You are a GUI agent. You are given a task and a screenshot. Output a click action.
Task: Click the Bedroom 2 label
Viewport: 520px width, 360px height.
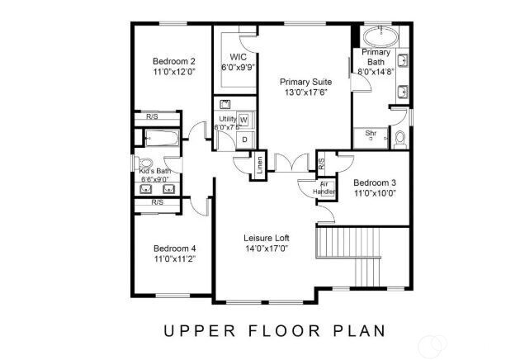[173, 61]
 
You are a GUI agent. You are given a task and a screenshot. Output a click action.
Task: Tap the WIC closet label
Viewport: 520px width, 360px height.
[239, 57]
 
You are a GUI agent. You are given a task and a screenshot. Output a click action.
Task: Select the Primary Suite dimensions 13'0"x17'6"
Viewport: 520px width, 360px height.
[306, 93]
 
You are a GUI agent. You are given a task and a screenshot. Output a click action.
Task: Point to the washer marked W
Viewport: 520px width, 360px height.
[243, 120]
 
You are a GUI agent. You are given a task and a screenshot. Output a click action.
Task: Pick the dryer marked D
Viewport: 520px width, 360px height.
[243, 140]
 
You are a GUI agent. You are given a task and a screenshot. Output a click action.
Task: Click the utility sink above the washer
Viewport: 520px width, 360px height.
[224, 105]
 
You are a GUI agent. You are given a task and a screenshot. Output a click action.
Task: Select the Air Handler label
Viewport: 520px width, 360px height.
[323, 187]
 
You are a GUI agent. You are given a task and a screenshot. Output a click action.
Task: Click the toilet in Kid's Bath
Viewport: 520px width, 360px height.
[146, 163]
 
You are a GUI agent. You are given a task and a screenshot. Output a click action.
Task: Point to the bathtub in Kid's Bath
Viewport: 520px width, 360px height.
[163, 138]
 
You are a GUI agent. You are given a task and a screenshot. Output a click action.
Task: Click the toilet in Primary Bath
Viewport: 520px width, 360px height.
[399, 138]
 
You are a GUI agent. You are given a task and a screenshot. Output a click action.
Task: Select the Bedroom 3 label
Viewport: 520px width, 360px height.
[375, 182]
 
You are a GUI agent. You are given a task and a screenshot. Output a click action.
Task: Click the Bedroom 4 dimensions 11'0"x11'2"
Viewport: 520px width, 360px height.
[173, 259]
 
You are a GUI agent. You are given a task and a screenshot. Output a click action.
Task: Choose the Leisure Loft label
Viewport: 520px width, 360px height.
[265, 238]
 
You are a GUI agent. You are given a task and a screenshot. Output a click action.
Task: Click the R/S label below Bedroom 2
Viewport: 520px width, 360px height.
[153, 116]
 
